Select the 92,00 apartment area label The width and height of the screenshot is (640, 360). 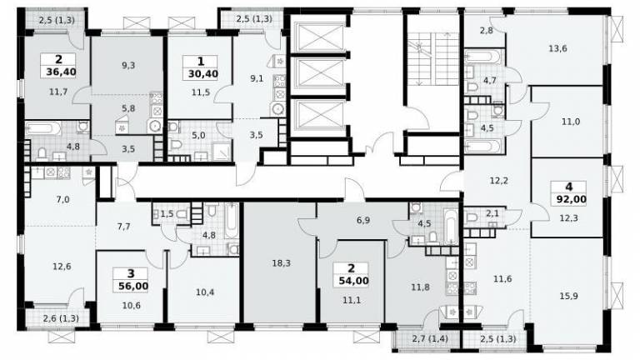(x=572, y=200)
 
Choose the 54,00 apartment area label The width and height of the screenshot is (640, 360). (x=353, y=281)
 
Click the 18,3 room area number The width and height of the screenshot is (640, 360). (x=281, y=263)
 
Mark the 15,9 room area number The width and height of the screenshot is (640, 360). (x=568, y=296)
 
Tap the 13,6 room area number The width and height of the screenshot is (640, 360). (x=557, y=48)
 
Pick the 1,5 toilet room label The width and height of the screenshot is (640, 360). (x=167, y=213)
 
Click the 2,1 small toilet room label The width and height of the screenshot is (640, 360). (x=493, y=212)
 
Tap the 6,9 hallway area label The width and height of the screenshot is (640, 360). (x=363, y=220)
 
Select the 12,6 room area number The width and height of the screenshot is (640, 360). (x=62, y=267)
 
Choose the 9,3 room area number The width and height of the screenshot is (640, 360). (x=128, y=65)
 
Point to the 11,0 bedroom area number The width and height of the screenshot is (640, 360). (x=571, y=121)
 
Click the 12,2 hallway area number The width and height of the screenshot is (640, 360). (x=499, y=180)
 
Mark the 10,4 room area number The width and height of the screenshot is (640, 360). (x=205, y=292)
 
